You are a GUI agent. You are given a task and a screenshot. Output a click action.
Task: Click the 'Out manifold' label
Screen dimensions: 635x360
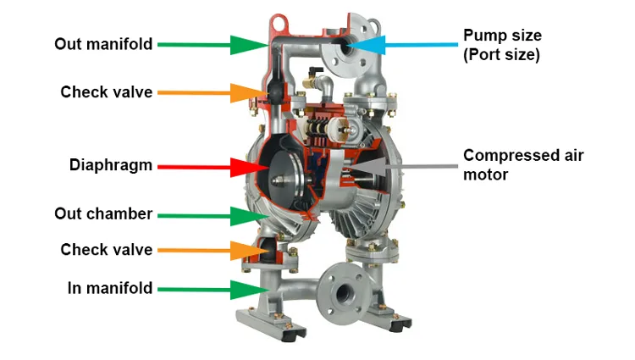[x=103, y=44]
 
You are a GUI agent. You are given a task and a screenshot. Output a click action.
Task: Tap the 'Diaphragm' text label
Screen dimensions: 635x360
[x=111, y=165]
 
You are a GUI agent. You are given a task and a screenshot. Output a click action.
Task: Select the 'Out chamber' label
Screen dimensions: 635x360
[x=103, y=213]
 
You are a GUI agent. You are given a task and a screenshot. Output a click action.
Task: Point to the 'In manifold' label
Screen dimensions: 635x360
[x=110, y=288]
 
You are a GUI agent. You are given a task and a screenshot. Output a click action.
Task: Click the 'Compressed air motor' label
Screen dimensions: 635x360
[x=523, y=165]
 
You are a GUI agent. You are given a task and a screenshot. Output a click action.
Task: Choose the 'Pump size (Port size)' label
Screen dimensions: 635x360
[x=502, y=45]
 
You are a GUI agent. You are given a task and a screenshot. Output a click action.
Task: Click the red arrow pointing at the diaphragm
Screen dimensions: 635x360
[x=213, y=167]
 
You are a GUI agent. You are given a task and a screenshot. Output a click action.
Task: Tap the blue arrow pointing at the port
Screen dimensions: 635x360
[x=402, y=45]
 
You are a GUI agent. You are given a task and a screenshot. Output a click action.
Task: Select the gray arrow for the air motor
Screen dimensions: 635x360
[x=402, y=166]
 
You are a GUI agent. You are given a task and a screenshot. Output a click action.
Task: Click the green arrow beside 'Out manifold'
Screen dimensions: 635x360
[x=213, y=45]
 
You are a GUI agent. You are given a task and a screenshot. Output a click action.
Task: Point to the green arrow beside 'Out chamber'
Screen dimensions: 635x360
[x=213, y=216]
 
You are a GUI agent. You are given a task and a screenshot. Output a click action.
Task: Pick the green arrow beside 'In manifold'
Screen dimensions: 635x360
[x=213, y=290]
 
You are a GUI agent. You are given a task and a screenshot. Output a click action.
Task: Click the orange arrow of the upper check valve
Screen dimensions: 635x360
[x=213, y=92]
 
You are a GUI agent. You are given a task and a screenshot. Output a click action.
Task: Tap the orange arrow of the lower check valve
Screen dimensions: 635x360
[x=213, y=251]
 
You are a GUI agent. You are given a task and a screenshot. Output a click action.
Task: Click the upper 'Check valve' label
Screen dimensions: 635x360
[x=107, y=92]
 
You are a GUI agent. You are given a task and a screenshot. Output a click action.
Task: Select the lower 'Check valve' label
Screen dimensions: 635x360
[x=107, y=250]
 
